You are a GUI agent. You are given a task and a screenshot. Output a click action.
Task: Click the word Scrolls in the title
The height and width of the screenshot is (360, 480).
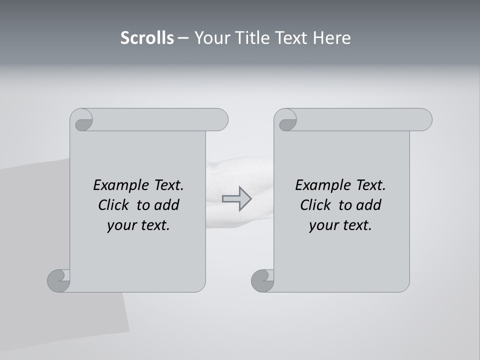click(147, 38)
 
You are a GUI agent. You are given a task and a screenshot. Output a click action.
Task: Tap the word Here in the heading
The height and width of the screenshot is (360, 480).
click(332, 38)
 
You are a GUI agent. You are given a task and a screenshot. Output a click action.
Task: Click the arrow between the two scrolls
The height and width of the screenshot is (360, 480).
click(236, 198)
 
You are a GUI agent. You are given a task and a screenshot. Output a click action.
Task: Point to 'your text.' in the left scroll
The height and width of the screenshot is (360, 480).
click(138, 225)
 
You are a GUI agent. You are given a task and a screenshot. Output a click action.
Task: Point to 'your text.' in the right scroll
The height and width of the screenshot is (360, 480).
click(340, 225)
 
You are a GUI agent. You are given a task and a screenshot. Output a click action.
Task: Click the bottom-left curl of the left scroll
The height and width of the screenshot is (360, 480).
click(58, 280)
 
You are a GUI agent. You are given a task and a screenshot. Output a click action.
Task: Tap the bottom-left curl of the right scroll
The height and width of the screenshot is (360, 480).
click(262, 280)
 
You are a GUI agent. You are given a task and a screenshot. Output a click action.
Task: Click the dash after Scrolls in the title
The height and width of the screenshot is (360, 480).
click(183, 38)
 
